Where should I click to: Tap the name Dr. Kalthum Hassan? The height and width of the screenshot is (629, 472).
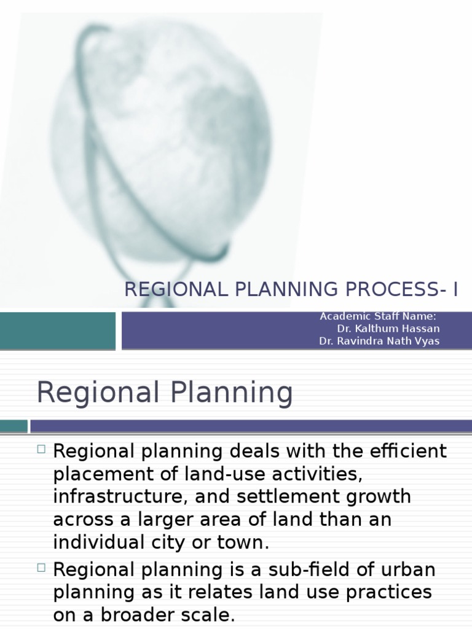click(x=388, y=329)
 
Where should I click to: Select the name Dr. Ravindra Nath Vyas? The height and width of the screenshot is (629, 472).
click(x=379, y=341)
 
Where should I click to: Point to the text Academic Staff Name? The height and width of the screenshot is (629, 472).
click(x=378, y=316)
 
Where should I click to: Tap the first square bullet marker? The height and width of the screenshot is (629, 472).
click(x=41, y=449)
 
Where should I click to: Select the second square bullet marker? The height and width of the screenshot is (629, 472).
click(x=41, y=567)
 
